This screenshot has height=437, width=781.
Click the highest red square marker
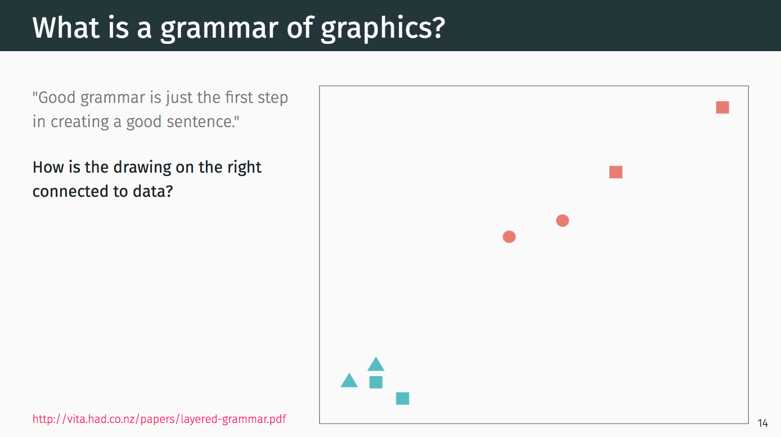click(722, 107)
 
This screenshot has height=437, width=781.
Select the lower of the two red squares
click(616, 172)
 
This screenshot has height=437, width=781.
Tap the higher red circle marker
click(562, 220)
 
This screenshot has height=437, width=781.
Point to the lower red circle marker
click(509, 237)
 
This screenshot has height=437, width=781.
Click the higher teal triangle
click(376, 365)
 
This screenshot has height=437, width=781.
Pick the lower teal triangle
click(349, 381)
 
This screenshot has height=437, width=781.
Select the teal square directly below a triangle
click(376, 382)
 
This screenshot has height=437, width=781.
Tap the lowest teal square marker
click(402, 399)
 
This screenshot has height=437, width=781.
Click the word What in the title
click(66, 28)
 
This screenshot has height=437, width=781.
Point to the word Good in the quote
click(56, 97)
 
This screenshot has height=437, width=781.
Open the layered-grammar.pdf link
click(159, 419)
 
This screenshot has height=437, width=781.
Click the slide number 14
click(762, 424)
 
